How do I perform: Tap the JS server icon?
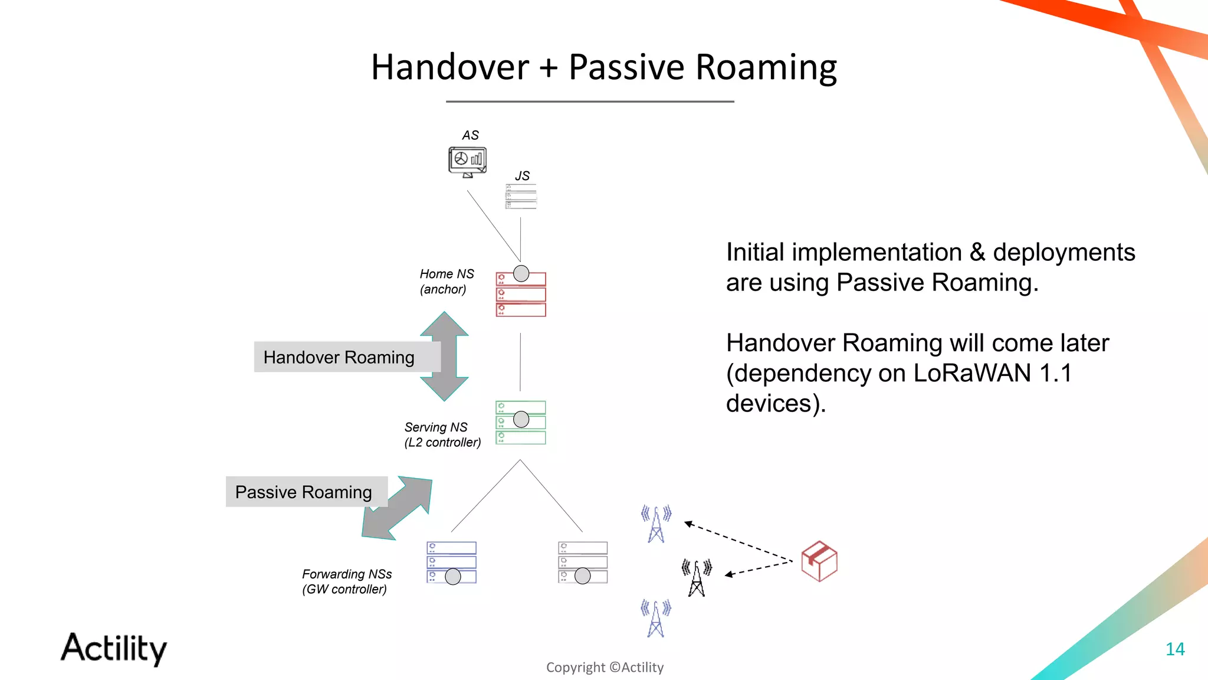[x=521, y=197]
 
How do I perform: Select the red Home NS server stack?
[x=521, y=295]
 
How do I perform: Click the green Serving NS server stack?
[x=521, y=423]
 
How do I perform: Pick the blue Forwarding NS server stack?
[x=451, y=563]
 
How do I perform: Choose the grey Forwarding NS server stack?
[x=583, y=563]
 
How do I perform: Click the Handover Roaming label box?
[x=339, y=357]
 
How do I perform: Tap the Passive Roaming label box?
[x=304, y=492]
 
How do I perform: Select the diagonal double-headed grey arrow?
[x=398, y=508]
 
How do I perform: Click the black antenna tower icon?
[x=697, y=578]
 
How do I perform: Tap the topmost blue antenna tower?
[x=656, y=524]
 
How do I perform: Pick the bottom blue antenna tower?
[x=656, y=618]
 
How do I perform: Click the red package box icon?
[x=819, y=561]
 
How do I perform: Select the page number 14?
[x=1175, y=649]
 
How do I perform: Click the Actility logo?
[x=114, y=648]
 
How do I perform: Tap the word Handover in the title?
[x=450, y=67]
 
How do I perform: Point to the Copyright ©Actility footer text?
[x=605, y=667]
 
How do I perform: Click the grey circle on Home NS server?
[x=521, y=273]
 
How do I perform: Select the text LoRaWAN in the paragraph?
[x=972, y=373]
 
